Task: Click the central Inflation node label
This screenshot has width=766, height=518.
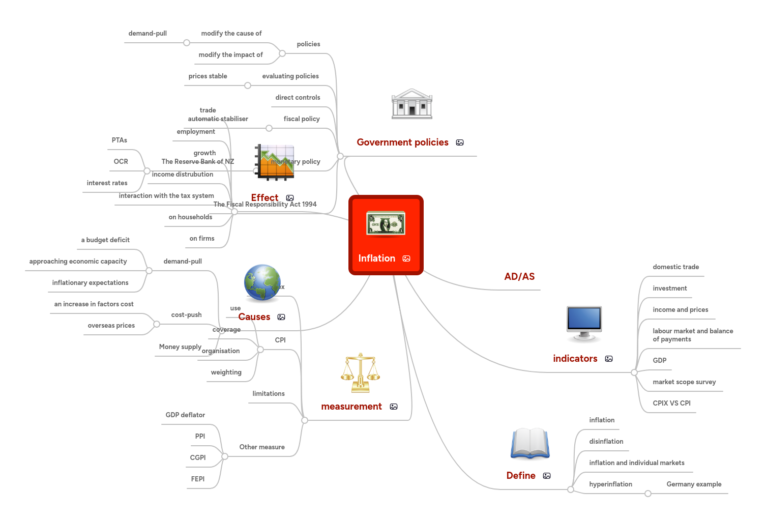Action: click(x=376, y=258)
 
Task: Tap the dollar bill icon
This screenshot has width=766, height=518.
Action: click(x=386, y=224)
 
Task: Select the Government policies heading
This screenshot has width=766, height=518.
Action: click(x=402, y=142)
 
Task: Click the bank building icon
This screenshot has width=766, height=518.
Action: click(x=411, y=104)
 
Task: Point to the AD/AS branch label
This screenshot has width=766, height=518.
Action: click(x=519, y=277)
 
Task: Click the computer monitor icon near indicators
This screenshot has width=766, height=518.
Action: click(x=584, y=323)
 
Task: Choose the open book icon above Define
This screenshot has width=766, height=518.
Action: click(x=530, y=443)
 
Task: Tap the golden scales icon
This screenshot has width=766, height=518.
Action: click(x=360, y=372)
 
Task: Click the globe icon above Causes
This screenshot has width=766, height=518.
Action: click(x=262, y=282)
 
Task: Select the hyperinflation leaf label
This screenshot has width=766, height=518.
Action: click(x=610, y=484)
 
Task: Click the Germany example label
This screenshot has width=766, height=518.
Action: click(x=694, y=484)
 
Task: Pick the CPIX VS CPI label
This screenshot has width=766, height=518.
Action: click(x=671, y=404)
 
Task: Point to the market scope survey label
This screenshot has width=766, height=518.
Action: click(x=684, y=382)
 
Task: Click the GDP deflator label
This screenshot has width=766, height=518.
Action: click(x=185, y=415)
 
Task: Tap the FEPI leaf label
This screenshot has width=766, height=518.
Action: click(x=198, y=479)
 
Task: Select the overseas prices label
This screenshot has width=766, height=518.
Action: click(x=111, y=326)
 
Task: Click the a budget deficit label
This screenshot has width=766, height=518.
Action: click(x=105, y=240)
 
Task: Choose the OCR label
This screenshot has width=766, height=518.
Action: click(x=121, y=162)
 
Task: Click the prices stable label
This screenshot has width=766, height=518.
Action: click(x=208, y=76)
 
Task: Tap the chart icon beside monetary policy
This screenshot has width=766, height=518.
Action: click(x=275, y=162)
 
